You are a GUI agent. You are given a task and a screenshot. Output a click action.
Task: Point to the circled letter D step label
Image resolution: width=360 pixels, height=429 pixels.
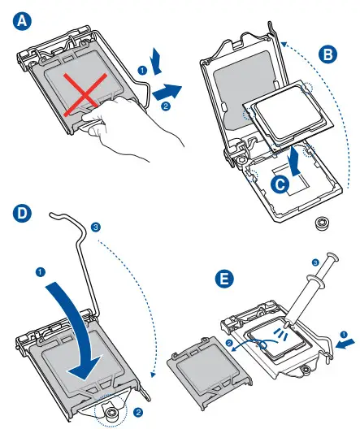20,214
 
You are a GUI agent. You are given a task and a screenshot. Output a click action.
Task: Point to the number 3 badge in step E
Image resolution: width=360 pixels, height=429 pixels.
316,262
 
